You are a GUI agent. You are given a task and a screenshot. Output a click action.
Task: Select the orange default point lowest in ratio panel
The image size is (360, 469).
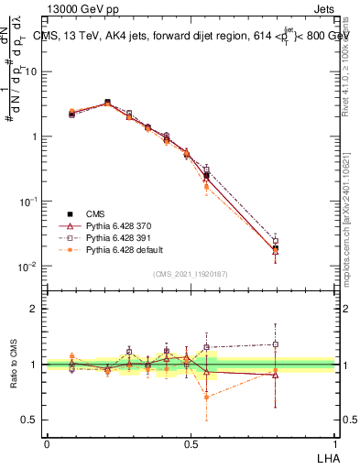[x=207, y=398]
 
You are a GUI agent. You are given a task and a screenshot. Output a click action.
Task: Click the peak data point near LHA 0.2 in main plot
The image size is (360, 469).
[x=107, y=103]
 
